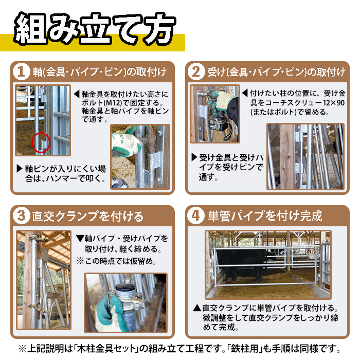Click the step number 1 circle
[x=21, y=71]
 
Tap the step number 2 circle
[x=196, y=71]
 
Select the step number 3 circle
[x=21, y=216]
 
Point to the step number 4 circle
[x=196, y=216]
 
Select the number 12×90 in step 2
[x=334, y=102]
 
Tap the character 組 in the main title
[x=31, y=28]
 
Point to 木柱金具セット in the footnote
[x=106, y=349]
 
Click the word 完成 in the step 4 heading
[x=311, y=216]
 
